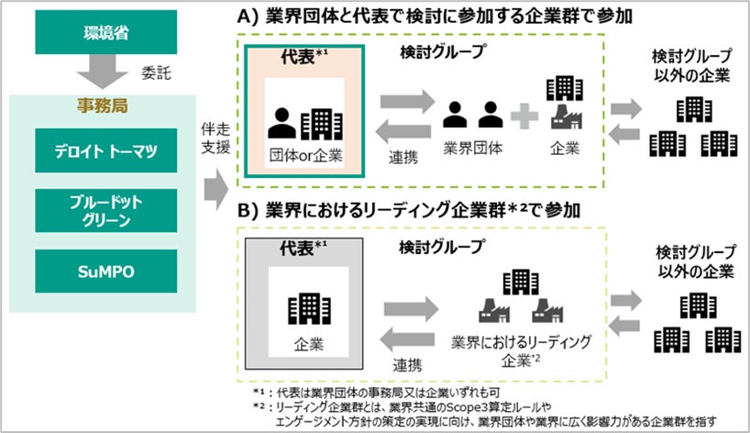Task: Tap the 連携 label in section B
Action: pyautogui.click(x=403, y=366)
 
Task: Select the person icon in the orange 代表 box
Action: pyautogui.click(x=283, y=122)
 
